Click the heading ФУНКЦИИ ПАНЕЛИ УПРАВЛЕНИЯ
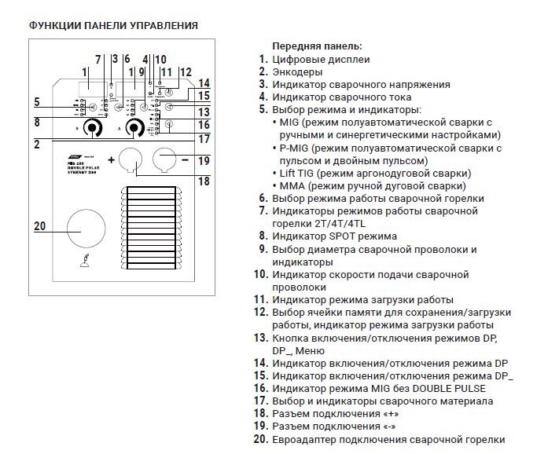tap(112, 26)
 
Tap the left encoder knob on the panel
tap(94, 128)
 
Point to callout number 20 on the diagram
tap(42, 226)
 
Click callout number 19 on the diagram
tap(204, 160)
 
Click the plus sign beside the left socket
tap(111, 159)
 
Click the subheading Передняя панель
tap(317, 46)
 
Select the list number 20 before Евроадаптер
tap(261, 439)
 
